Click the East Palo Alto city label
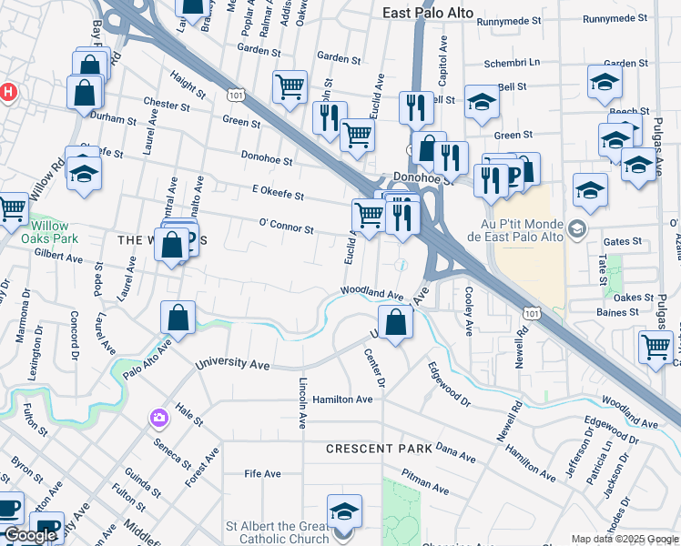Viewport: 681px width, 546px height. [x=427, y=12]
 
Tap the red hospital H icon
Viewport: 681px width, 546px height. [x=8, y=92]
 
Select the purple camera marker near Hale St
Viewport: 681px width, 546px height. [x=159, y=418]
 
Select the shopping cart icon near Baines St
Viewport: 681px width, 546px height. [x=656, y=347]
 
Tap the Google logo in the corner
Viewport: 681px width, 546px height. [x=30, y=535]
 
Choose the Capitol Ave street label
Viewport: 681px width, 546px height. [x=444, y=56]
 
